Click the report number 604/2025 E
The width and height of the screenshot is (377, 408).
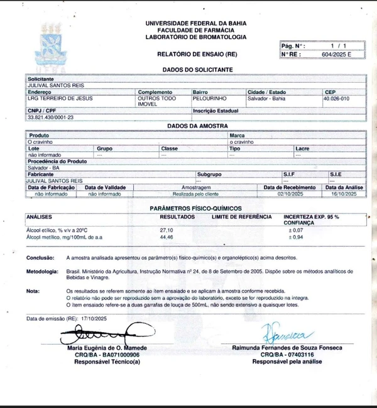(339, 55)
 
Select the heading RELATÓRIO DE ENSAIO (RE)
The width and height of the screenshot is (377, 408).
(197, 55)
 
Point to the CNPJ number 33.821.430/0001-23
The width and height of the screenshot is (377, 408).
(50, 117)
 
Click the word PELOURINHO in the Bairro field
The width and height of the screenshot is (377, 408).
(210, 99)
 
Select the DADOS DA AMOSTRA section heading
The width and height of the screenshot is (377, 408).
(197, 126)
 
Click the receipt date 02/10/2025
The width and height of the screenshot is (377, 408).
(289, 194)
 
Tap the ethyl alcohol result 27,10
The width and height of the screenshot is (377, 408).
(167, 230)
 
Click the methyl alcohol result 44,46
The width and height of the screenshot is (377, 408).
(167, 237)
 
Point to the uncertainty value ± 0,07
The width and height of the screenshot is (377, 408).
(295, 230)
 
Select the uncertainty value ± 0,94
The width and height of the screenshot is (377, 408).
(295, 237)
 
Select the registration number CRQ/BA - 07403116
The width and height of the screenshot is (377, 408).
(287, 355)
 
